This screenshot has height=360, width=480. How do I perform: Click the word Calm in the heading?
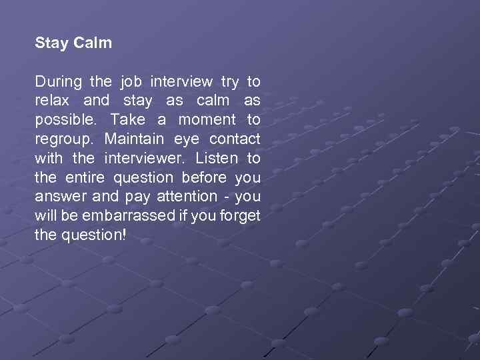tap(93, 43)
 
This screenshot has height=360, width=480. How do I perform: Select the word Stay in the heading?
tap(51, 43)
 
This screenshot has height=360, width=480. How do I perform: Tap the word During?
tap(58, 82)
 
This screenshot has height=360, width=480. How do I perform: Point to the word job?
tap(131, 83)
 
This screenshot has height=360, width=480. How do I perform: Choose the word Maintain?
tap(134, 139)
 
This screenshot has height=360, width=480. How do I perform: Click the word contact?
tap(235, 139)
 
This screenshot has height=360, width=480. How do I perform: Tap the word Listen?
tap(216, 159)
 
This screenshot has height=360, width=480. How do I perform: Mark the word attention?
tap(187, 197)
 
